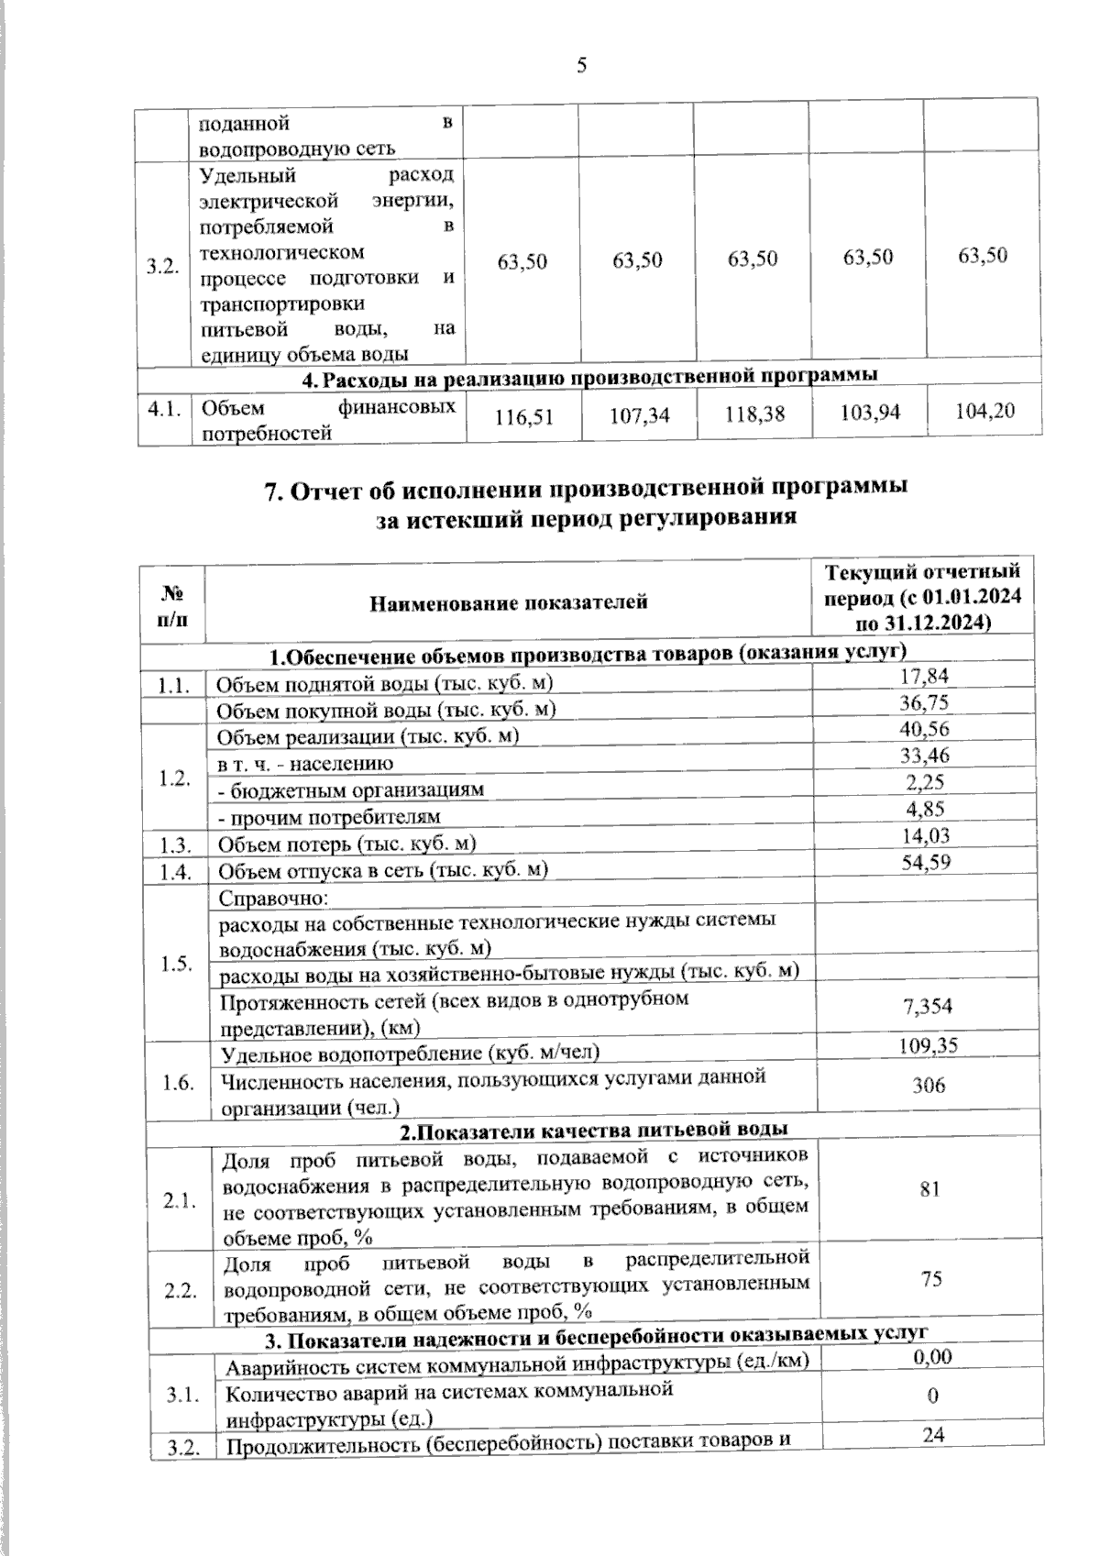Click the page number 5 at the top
(581, 65)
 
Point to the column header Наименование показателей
(509, 602)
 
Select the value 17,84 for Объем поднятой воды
(925, 676)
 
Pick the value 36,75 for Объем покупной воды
(925, 702)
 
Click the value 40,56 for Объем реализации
(926, 729)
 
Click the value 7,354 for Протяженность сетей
(927, 1007)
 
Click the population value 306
(929, 1086)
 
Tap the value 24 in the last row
(933, 1436)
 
